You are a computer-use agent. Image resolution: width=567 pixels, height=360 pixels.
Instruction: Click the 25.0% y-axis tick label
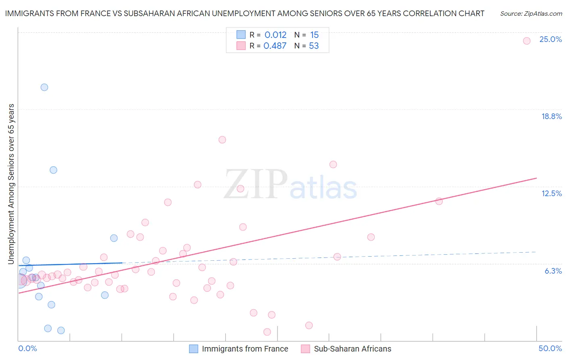click(550, 40)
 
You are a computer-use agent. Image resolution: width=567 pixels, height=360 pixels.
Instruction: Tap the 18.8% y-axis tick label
click(551, 117)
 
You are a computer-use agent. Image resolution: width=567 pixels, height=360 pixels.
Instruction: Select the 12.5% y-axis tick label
click(551, 194)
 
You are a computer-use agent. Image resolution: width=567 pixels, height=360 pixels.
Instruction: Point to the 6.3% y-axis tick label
click(553, 271)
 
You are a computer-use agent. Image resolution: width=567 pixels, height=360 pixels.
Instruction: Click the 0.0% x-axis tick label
click(27, 349)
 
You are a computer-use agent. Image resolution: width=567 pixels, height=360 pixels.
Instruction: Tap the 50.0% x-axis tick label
click(550, 349)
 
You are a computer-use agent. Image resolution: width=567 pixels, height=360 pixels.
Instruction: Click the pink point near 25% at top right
click(527, 41)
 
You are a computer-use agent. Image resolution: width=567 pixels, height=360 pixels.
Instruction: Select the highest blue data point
click(44, 87)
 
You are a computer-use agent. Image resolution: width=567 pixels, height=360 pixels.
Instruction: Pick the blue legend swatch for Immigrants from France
click(194, 349)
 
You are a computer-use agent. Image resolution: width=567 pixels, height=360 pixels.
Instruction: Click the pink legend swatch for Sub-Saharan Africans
click(305, 349)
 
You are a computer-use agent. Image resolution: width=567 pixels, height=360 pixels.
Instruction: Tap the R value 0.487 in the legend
click(275, 46)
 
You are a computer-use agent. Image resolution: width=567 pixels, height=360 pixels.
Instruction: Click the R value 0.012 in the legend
click(275, 35)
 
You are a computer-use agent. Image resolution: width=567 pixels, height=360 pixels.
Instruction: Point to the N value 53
click(314, 46)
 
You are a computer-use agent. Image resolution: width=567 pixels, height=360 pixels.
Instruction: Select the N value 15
click(314, 35)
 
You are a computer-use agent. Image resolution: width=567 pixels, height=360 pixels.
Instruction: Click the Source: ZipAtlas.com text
click(531, 14)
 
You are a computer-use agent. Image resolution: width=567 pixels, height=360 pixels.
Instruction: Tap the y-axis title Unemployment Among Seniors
click(11, 184)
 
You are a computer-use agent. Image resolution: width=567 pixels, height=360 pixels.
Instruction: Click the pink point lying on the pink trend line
click(439, 201)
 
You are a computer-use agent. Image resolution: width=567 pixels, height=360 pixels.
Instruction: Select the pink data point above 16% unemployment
click(222, 140)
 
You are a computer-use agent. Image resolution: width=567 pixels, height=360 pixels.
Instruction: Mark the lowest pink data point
click(267, 332)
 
